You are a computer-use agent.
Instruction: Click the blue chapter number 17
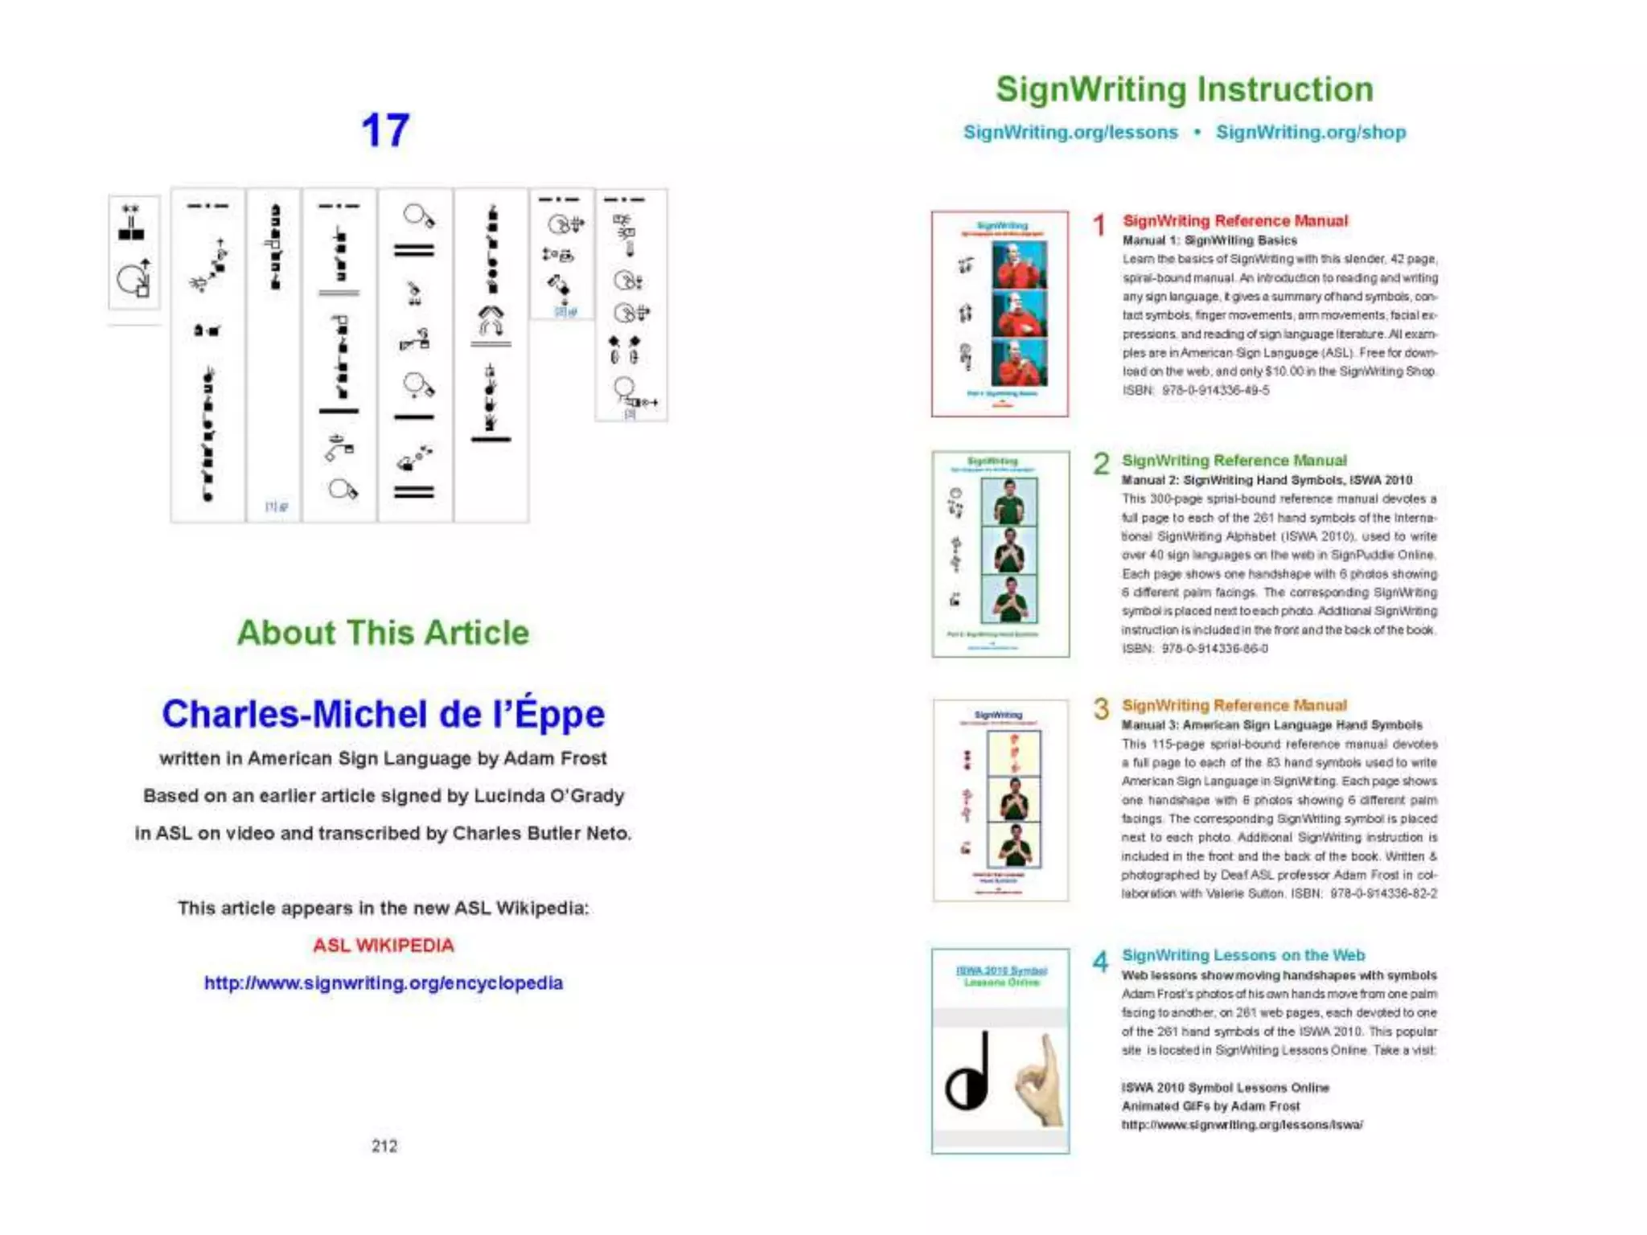(385, 130)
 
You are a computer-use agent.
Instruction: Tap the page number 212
(384, 1146)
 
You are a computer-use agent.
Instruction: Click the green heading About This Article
(383, 633)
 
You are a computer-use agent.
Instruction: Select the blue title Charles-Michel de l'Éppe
(383, 714)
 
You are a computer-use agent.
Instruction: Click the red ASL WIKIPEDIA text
(383, 946)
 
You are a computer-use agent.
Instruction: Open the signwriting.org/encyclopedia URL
(383, 983)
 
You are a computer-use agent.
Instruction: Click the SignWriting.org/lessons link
(1070, 132)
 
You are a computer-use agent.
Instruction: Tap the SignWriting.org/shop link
(1311, 132)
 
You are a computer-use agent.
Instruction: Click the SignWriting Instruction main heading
(1185, 89)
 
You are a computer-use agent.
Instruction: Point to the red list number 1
(1099, 225)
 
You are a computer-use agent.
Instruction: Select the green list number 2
(1101, 464)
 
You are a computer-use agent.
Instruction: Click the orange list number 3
(1101, 709)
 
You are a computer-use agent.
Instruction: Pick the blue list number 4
(1100, 961)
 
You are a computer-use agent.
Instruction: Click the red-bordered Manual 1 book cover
(1000, 314)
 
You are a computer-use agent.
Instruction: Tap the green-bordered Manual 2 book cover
(1000, 553)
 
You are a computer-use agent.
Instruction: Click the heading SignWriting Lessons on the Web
(1243, 955)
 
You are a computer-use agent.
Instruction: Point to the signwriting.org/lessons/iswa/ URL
(1242, 1125)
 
